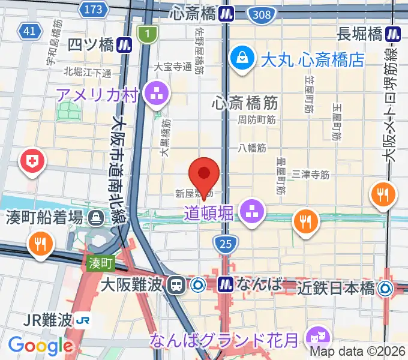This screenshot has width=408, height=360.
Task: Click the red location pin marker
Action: [204, 175]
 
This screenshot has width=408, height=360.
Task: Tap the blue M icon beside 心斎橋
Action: [226, 13]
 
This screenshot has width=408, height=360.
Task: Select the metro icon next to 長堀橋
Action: [394, 34]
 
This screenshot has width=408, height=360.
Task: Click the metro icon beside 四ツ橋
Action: [125, 43]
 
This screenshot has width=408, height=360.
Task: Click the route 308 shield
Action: [262, 14]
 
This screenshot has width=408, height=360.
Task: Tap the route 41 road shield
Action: [28, 31]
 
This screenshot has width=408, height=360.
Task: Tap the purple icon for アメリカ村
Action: [158, 94]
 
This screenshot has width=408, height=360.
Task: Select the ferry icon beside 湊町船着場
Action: [96, 217]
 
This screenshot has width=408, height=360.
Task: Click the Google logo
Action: [40, 346]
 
